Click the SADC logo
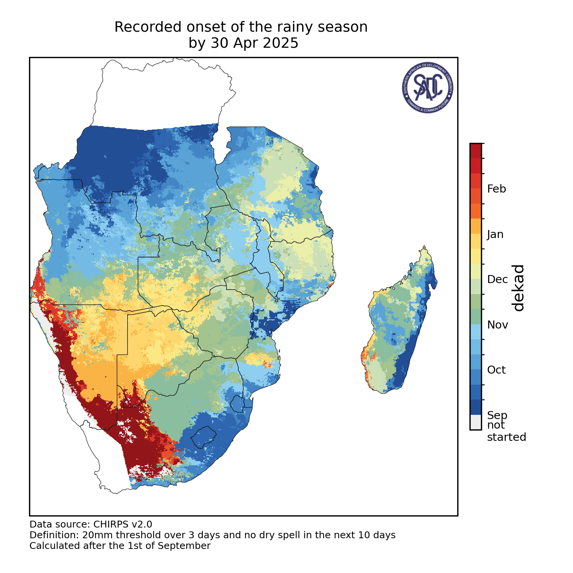(x=428, y=87)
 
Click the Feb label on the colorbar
(x=496, y=189)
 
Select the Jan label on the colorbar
(x=495, y=234)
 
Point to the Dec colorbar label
(x=497, y=279)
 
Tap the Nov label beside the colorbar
(x=497, y=325)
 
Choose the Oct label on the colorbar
(x=496, y=370)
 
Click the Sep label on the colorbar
(x=497, y=415)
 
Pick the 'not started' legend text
(x=506, y=431)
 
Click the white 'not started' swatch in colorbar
(x=476, y=422)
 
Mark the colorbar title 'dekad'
(x=518, y=288)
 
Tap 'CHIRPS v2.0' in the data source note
(x=123, y=524)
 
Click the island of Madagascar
(x=399, y=325)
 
